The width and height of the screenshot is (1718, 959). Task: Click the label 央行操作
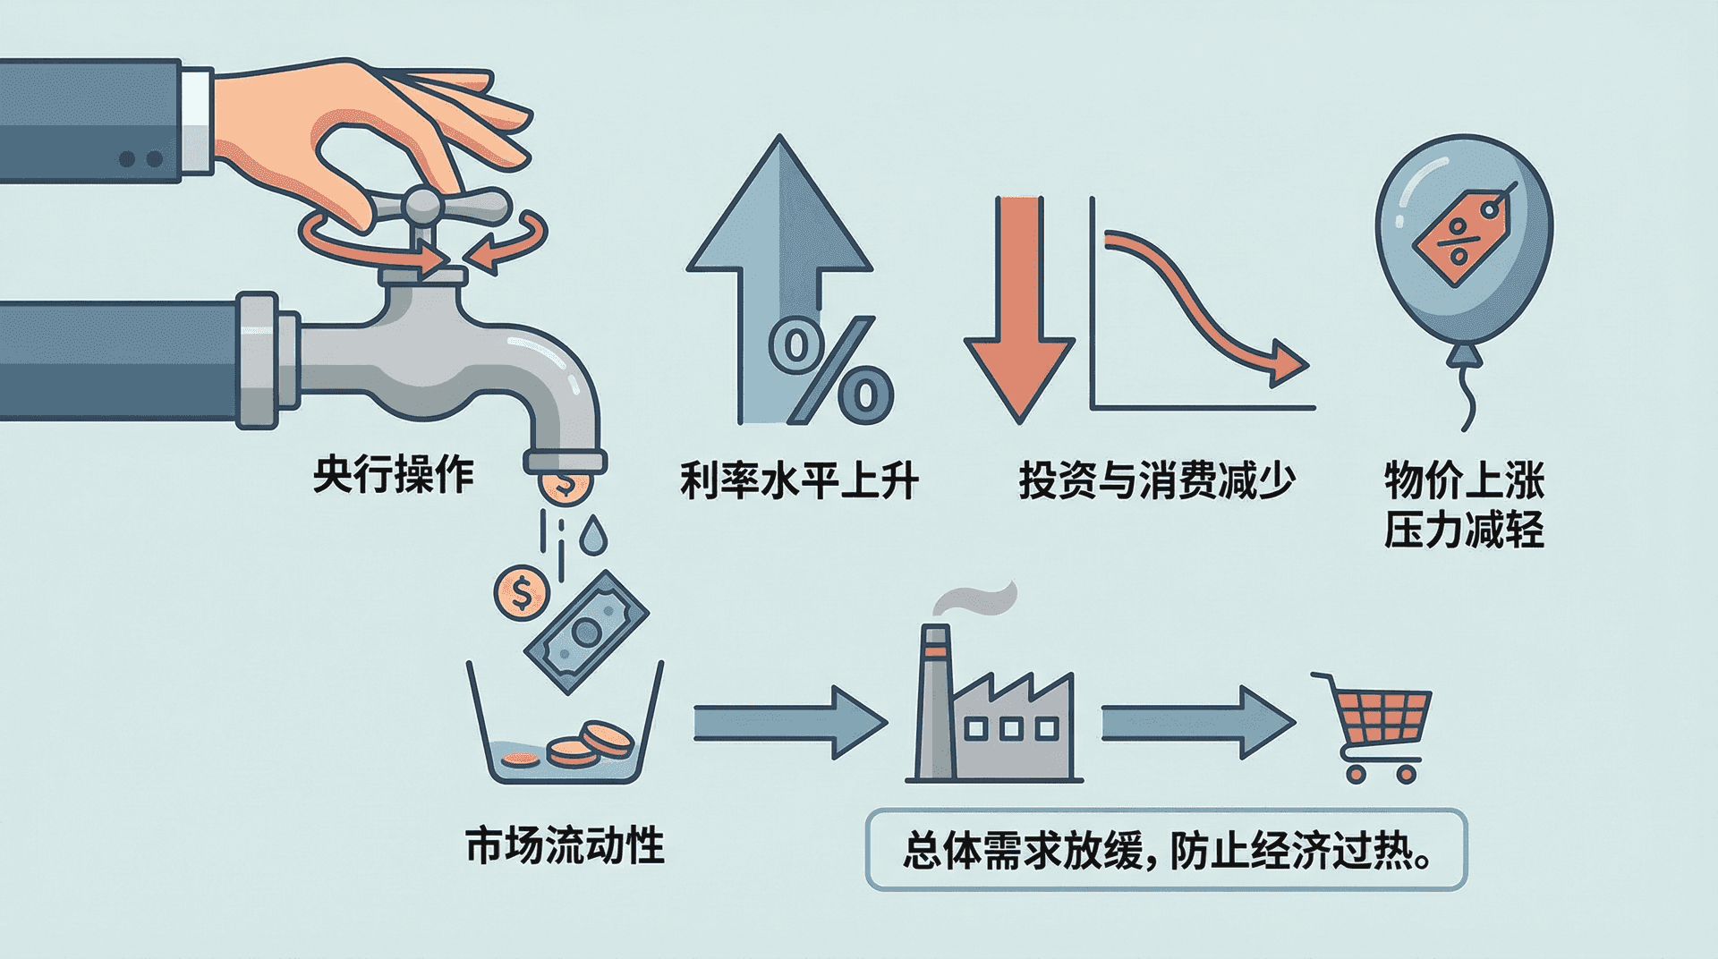(x=393, y=474)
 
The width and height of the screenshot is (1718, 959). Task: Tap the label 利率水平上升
(x=799, y=480)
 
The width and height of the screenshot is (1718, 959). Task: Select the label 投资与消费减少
(x=1156, y=480)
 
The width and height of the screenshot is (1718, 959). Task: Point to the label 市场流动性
(x=565, y=845)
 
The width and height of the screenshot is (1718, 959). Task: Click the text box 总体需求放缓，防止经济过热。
(x=1166, y=850)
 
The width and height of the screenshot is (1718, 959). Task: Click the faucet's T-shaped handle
(x=421, y=208)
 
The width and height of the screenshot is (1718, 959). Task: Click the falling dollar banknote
(x=586, y=632)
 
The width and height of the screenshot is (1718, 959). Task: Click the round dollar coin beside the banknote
(x=521, y=592)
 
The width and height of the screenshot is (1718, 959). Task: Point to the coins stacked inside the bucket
(x=591, y=744)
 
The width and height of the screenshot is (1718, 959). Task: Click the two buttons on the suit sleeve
(x=140, y=159)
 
